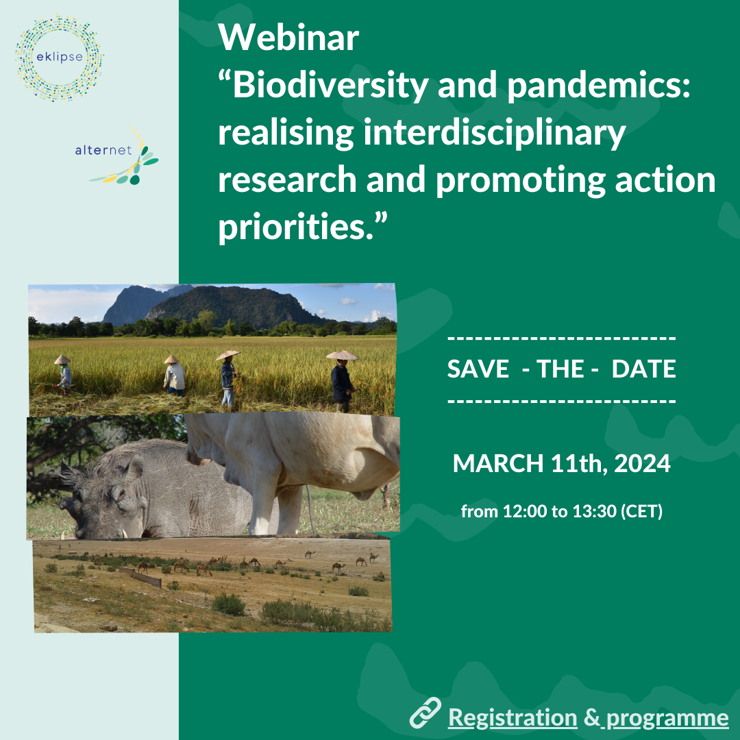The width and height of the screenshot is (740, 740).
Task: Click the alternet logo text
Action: [x=103, y=150]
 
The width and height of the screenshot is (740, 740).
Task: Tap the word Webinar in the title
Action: [x=288, y=37]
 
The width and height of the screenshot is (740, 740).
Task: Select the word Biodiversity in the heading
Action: [x=330, y=86]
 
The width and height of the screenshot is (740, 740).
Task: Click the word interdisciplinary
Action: [x=495, y=134]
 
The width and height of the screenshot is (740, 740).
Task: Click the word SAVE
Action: [x=478, y=369]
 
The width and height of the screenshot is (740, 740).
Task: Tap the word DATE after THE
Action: [x=643, y=369]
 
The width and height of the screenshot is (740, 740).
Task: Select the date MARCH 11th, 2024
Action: [x=562, y=463]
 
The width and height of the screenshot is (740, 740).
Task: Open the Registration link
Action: [x=513, y=718]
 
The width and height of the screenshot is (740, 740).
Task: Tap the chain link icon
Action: [x=425, y=713]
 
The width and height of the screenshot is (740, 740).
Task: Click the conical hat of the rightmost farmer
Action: [x=342, y=355]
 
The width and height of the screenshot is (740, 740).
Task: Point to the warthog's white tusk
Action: [x=123, y=533]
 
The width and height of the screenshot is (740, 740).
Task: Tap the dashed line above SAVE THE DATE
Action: [x=562, y=338]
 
